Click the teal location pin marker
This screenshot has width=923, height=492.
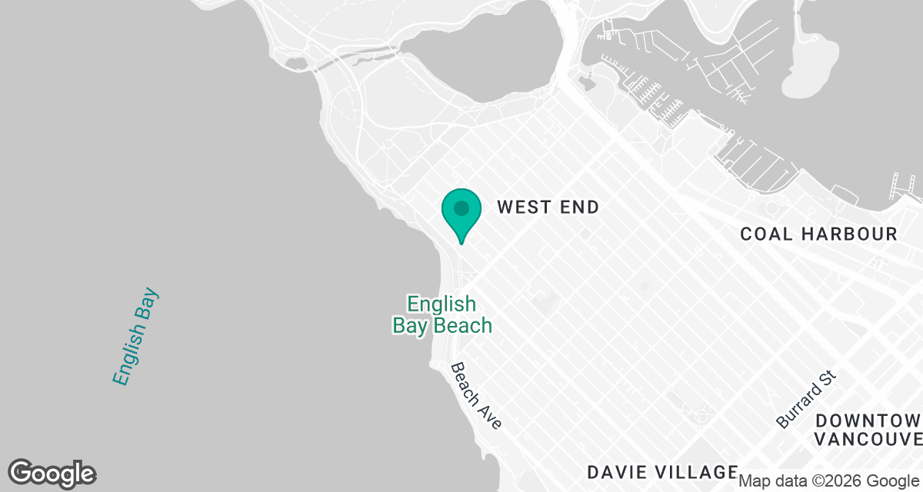click(x=461, y=214)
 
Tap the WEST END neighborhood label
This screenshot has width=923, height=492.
click(x=548, y=207)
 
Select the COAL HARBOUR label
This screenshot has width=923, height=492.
click(x=818, y=234)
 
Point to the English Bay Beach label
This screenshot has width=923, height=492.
click(x=442, y=314)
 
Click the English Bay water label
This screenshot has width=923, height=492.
click(x=135, y=337)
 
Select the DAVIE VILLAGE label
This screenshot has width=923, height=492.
click(x=662, y=471)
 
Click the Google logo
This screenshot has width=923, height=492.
click(x=52, y=473)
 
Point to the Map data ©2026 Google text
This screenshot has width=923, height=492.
click(x=829, y=481)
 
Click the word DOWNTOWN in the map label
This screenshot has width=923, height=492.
click(x=868, y=421)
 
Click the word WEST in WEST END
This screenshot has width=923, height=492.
click(x=522, y=207)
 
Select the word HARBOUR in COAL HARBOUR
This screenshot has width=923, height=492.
click(x=849, y=234)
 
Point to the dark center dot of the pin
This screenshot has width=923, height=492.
click(x=461, y=208)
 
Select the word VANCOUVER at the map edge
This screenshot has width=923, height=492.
click(x=868, y=439)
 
